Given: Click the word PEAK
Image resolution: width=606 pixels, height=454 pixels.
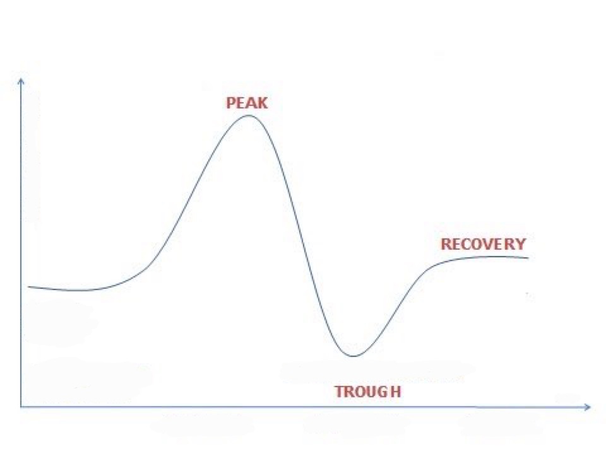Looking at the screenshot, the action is click(x=247, y=103).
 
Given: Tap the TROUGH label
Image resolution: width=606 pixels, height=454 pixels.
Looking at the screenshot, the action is click(x=368, y=392).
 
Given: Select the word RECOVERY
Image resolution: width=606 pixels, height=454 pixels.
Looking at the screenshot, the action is click(x=484, y=244).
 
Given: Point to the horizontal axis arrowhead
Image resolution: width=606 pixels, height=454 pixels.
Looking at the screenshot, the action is click(x=588, y=407).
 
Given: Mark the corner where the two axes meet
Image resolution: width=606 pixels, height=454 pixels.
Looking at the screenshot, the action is click(x=21, y=407).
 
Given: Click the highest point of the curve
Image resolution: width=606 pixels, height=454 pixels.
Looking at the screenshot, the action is click(x=249, y=115).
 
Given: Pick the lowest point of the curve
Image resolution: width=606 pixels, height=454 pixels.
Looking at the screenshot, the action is click(x=353, y=356).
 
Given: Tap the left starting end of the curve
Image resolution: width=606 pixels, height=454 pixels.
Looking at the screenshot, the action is click(x=28, y=286).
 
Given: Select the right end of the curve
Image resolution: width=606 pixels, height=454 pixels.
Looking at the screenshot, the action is click(x=528, y=258).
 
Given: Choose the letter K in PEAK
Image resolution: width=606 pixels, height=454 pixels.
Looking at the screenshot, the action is click(x=263, y=103).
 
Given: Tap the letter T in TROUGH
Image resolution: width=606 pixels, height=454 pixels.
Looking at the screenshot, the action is click(x=340, y=392).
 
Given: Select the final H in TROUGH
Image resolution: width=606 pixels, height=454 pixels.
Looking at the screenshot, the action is click(x=396, y=392).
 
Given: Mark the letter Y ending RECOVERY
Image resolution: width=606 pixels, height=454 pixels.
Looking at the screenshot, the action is click(x=521, y=244).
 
